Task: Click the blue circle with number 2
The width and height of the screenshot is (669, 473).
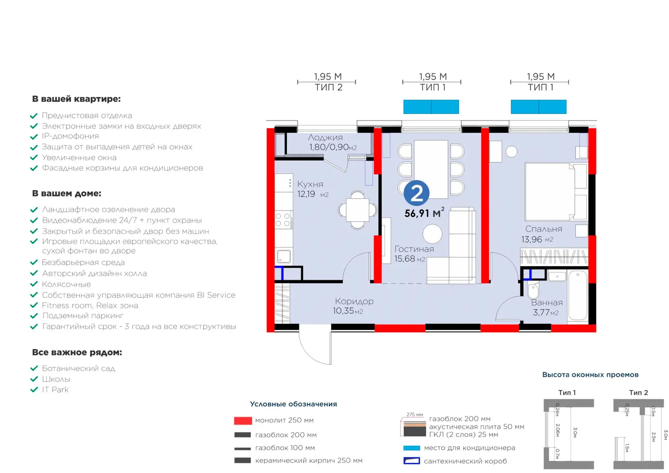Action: point(416,193)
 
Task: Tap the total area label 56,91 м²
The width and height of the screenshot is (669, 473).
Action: point(424,213)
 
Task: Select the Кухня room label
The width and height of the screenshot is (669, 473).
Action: point(310,184)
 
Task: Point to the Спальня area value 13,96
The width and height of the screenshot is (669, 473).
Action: point(531,239)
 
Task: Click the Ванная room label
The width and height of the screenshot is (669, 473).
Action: point(546,303)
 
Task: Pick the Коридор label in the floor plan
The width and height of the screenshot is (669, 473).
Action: point(354,301)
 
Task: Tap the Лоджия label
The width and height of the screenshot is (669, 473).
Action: point(325,138)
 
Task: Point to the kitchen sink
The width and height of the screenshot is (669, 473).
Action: point(284,256)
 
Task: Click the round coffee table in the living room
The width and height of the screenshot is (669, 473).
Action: point(432,234)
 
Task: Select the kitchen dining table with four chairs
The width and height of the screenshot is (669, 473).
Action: point(357,210)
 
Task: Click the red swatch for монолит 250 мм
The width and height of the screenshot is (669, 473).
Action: point(243,421)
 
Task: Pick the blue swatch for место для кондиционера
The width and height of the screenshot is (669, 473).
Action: point(411,448)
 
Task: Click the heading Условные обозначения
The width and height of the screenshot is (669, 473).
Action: point(293,404)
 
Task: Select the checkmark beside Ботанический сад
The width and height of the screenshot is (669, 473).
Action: point(34,368)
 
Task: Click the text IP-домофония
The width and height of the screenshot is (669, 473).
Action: point(70,136)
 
